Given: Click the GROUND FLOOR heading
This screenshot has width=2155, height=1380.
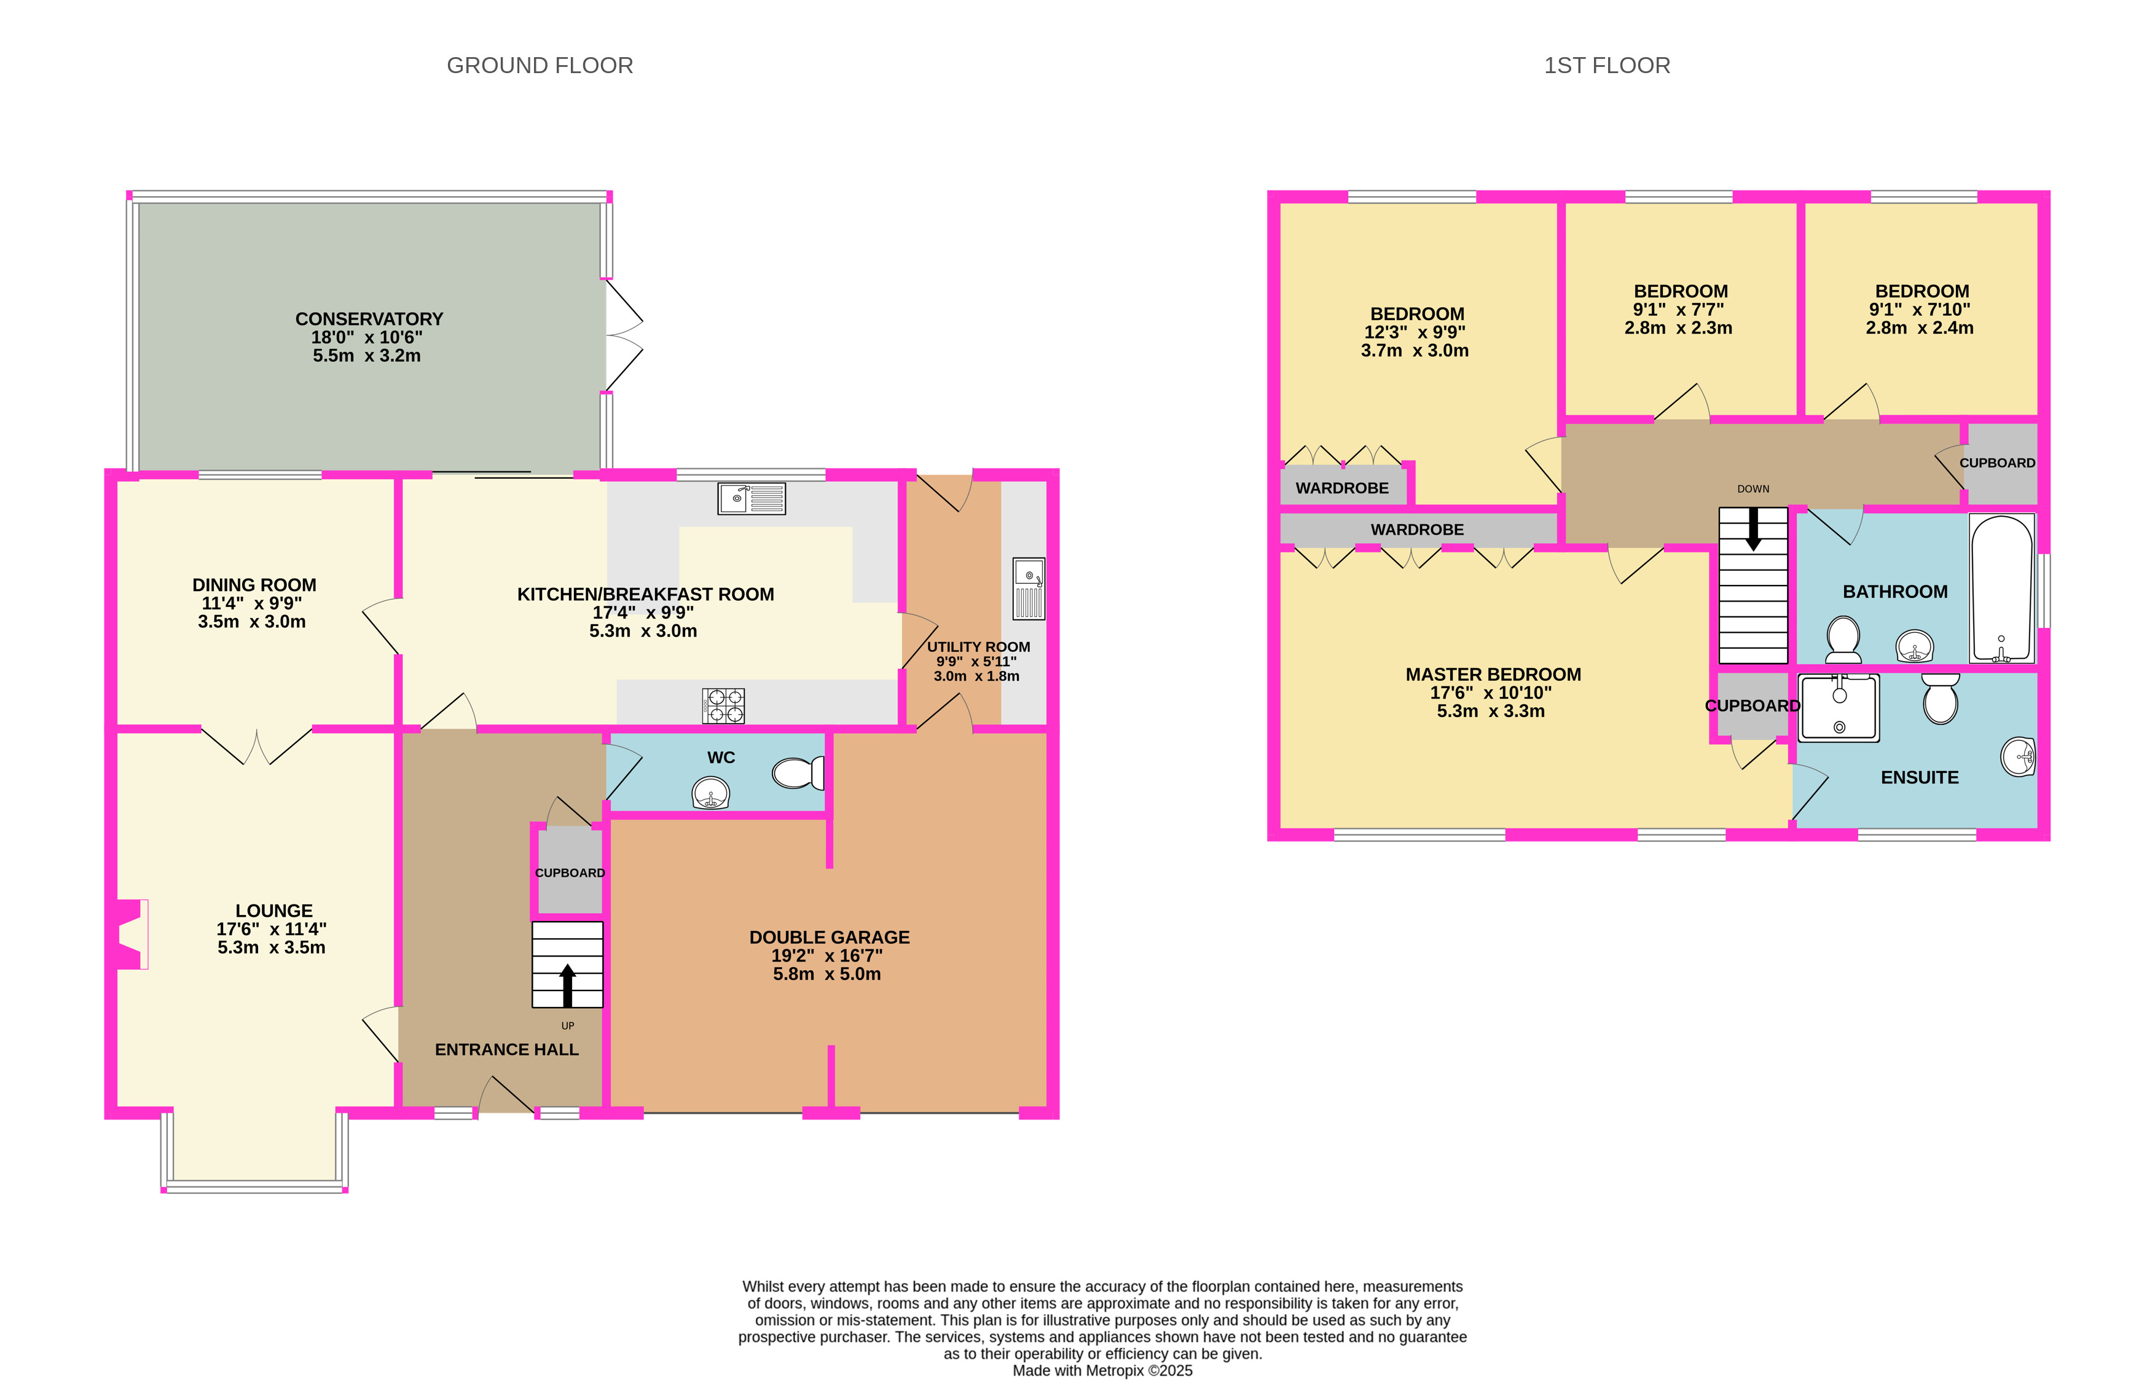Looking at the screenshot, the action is (540, 65).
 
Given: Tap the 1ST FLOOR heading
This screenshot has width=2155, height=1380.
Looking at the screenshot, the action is (1607, 65).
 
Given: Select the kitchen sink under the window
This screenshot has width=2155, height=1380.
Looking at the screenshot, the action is (751, 498).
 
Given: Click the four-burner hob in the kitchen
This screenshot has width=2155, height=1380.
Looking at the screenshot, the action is (724, 705).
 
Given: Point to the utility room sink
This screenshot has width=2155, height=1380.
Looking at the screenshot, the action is (1029, 589).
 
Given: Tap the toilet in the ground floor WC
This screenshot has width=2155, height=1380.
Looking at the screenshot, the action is (798, 772).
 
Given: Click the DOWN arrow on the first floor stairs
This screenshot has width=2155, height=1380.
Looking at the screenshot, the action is (1754, 528).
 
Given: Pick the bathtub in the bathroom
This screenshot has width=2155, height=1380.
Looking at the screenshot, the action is (2002, 588).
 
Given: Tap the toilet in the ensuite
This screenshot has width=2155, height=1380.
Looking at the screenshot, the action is (1940, 699).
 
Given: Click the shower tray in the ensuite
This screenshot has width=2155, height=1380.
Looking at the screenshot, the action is (1839, 708).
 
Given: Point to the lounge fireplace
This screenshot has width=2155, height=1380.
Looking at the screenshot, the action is (131, 935).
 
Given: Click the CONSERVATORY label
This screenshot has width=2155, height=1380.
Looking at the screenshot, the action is (369, 319).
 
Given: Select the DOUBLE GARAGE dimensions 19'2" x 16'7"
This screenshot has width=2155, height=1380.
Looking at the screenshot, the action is (827, 956).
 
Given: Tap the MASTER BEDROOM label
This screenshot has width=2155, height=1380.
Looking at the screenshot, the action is (1493, 675).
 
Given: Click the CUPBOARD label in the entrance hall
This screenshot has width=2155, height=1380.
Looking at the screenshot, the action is (570, 873).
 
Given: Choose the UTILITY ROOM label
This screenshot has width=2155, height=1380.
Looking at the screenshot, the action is (978, 647).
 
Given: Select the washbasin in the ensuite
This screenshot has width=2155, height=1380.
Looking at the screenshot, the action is (2019, 757).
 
